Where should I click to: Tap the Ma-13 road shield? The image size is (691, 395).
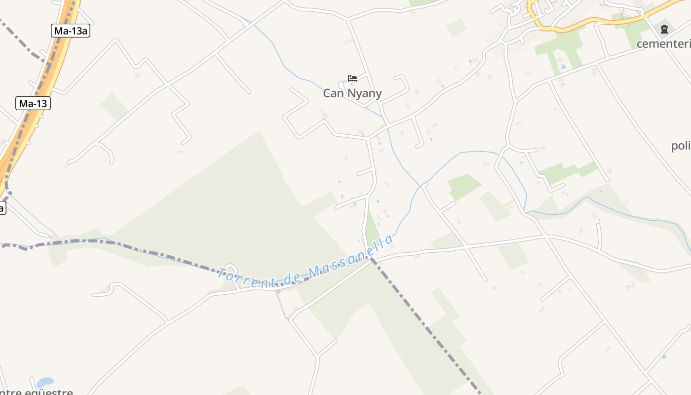point(33,103)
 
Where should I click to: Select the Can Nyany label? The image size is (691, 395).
point(352,93)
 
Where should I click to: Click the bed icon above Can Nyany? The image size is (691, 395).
point(352,78)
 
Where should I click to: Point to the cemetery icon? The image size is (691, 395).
point(664,29)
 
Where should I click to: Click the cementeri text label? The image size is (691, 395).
point(663,44)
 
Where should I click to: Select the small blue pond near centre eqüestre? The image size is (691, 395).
point(45,382)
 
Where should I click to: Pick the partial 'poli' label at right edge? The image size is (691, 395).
point(681,146)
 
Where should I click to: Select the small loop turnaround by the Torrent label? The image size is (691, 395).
point(230,269)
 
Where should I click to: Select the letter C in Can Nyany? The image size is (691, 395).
point(327,93)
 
